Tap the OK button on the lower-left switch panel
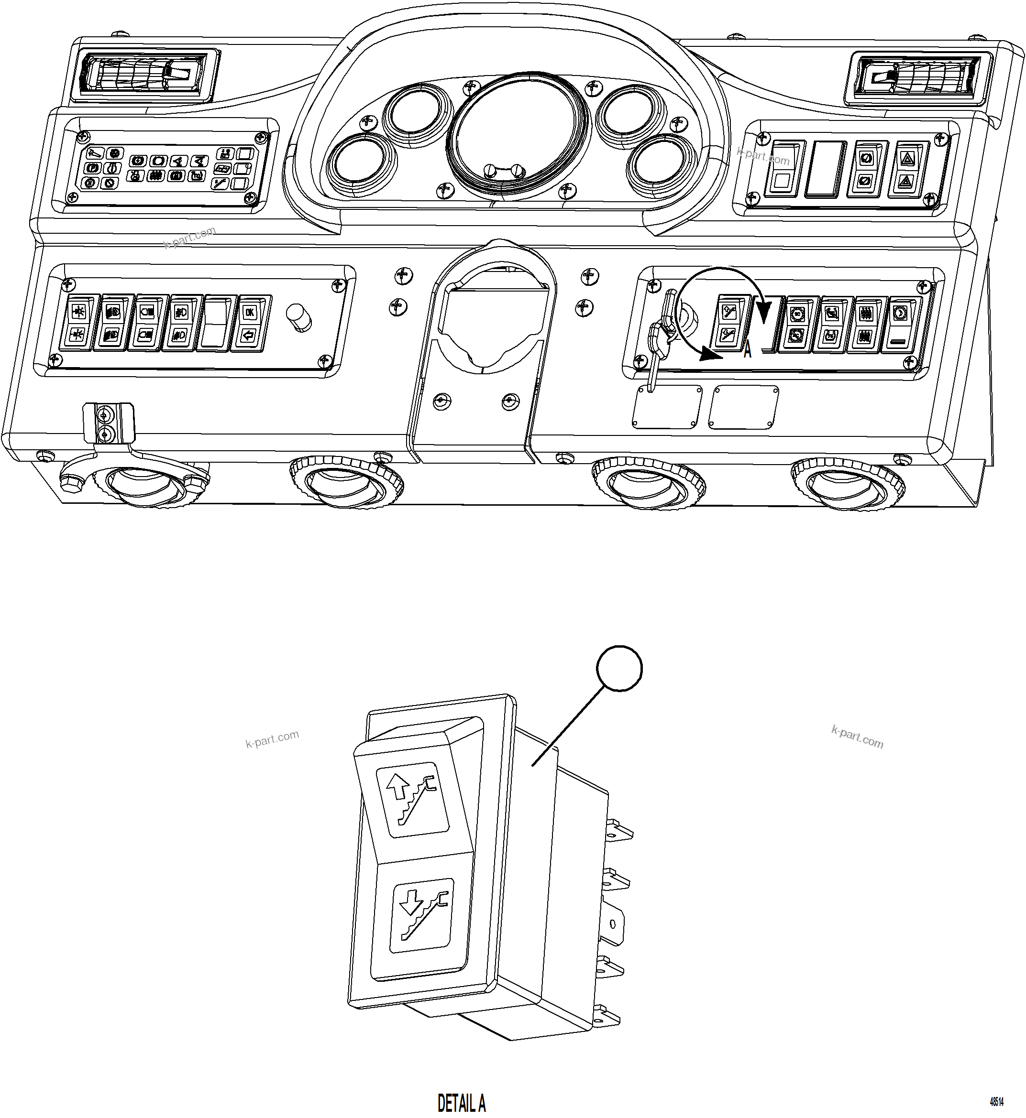[249, 313]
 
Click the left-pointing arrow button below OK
[248, 335]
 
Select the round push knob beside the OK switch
[298, 317]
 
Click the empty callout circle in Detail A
[619, 668]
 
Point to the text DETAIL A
[462, 1102]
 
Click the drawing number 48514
[997, 1101]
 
